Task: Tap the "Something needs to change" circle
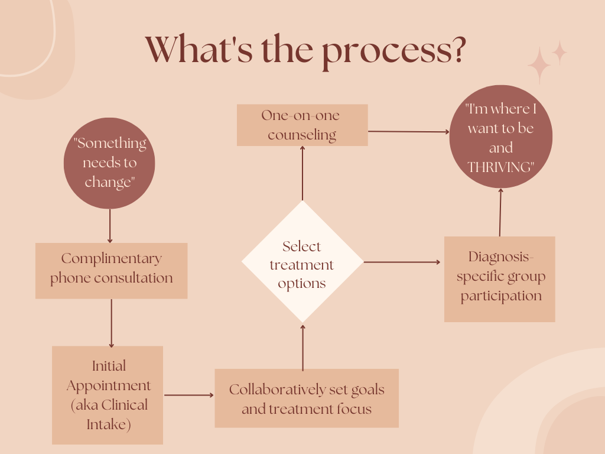pos(109,163)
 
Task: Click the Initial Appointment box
pos(108,394)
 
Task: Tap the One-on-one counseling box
pos(302,125)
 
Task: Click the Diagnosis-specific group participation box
pos(499,278)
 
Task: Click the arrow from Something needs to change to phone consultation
pos(110,225)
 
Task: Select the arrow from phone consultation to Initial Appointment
pos(111,322)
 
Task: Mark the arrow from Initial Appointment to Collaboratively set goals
pos(188,394)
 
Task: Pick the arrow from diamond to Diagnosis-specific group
pos(402,262)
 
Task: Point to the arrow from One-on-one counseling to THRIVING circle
pos(408,132)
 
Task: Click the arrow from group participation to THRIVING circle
pos(500,212)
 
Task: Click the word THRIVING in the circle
pos(500,167)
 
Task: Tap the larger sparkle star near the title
pos(539,66)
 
